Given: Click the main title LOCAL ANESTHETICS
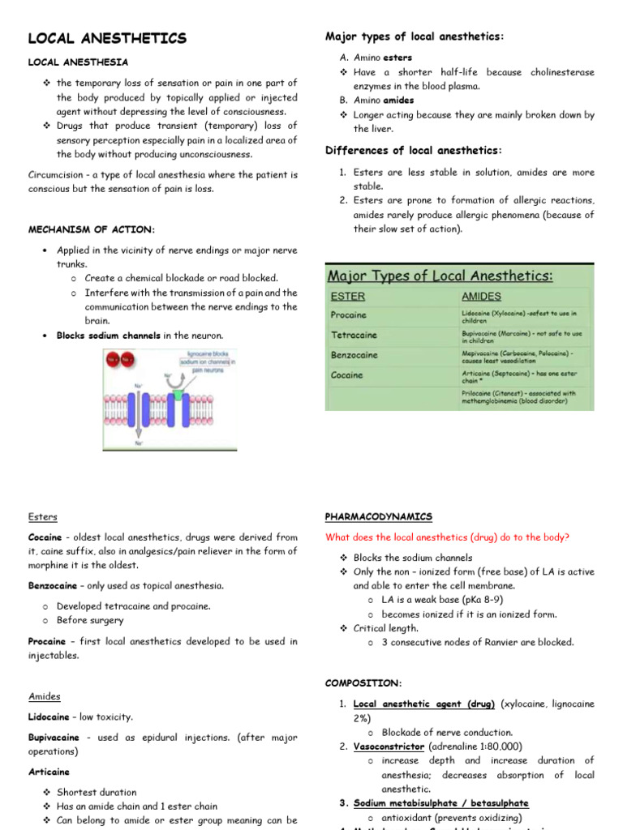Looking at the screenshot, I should pos(107,38).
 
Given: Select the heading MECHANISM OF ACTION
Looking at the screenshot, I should pos(91,229).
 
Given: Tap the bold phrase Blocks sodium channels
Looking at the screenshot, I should pos(108,336).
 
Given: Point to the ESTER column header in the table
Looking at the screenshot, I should pos(348,297).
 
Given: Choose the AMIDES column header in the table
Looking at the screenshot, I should pos(481,297).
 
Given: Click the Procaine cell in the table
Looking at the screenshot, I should pos(349,314).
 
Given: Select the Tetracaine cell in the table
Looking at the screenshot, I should pos(353,335).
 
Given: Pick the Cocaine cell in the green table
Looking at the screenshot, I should pos(347,375).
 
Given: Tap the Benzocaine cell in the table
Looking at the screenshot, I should pos(354,355).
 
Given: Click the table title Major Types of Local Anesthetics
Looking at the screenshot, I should pos(441,276).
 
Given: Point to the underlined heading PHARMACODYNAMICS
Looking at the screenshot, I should pos(378,517).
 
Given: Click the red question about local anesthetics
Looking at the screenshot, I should pos(447,537).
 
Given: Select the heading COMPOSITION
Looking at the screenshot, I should pos(363,683).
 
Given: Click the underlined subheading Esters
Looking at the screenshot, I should pos(43,517).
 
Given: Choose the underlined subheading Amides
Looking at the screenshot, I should pos(45,696).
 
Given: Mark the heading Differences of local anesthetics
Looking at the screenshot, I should pos(414,150).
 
